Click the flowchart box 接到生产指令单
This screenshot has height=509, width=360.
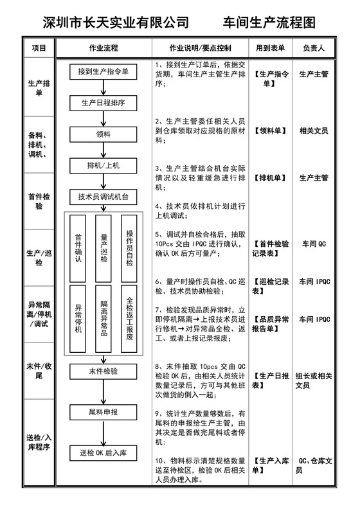103,71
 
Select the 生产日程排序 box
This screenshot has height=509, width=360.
103,102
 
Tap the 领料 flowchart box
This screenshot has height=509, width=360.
103,134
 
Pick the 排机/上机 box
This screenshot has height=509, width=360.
103,165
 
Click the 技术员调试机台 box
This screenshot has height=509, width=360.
103,196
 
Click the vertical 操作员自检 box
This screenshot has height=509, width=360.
129,248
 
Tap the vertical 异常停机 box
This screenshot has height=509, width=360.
78,319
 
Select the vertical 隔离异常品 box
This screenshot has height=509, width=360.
104,319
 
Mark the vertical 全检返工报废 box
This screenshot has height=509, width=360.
129,319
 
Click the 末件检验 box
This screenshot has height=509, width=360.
103,371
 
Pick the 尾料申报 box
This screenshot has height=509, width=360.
103,411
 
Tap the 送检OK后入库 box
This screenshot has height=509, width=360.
103,453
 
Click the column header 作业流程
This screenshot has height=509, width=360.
103,48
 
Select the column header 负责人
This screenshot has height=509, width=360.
314,48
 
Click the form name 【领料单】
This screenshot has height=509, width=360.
269,130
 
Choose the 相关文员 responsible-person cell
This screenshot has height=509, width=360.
314,130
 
